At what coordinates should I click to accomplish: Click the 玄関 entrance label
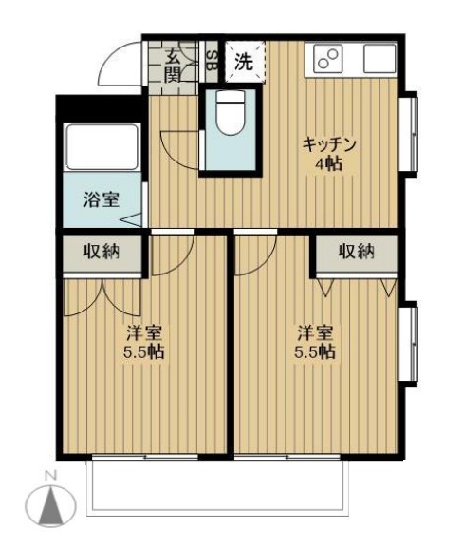pos(173,65)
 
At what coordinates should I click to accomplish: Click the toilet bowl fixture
pos(228,114)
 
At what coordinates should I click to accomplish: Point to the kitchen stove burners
pos(327,60)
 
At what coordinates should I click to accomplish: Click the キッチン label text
pos(329,144)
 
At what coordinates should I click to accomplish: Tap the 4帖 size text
pos(329,163)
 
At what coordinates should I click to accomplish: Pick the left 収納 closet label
pos(100,252)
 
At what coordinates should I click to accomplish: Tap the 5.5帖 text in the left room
pos(145,352)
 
